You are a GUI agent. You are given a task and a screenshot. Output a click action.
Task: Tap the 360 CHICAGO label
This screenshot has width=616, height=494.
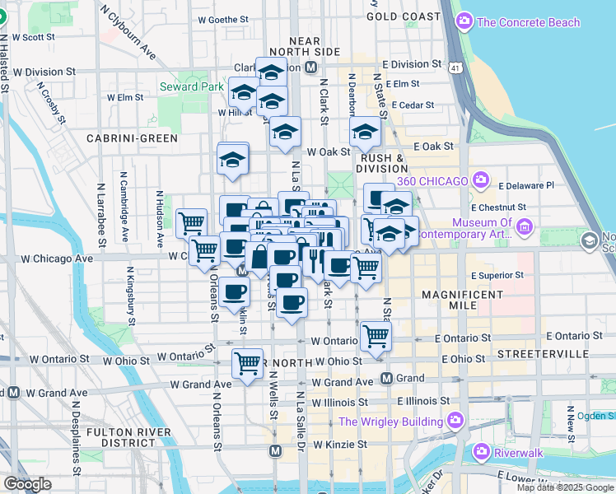[436, 180]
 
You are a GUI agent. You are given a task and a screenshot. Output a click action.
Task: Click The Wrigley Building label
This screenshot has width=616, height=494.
[391, 422]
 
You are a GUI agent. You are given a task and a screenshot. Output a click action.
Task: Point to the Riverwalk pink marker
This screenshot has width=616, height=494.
[482, 452]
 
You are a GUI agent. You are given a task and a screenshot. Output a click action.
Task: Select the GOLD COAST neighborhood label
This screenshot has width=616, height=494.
[404, 16]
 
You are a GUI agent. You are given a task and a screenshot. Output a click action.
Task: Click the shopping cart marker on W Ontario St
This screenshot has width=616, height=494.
[376, 334]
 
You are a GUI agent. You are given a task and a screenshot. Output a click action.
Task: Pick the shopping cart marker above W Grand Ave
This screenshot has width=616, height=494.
[247, 361]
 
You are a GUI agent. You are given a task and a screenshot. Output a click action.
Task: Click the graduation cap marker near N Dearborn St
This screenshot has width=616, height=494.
[365, 130]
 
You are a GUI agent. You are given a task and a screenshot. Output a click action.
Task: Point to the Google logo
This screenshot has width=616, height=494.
[27, 484]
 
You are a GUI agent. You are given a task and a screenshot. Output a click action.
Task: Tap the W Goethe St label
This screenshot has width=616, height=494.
[223, 19]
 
